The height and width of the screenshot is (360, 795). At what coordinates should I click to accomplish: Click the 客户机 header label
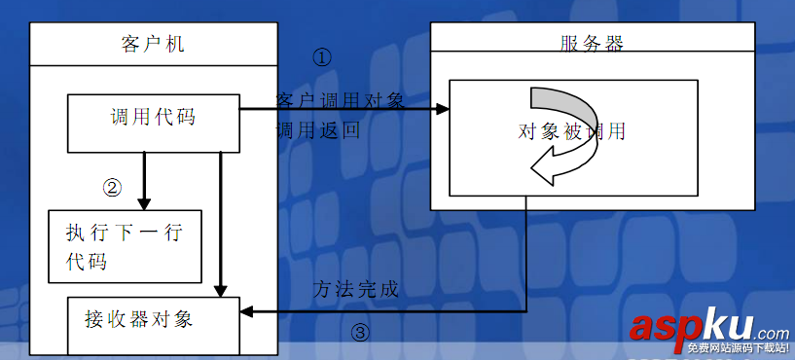(152, 44)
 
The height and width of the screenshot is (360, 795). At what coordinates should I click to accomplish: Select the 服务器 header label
(592, 43)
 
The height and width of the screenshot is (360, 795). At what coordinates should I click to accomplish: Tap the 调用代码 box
(153, 118)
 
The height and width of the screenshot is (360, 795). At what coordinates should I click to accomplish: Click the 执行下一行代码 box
(125, 246)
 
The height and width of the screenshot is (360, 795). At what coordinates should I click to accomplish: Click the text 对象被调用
(572, 131)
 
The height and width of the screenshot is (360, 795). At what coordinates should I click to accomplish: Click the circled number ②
(113, 186)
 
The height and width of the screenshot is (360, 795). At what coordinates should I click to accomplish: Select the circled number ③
(360, 333)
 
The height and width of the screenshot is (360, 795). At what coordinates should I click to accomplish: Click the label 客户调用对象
(339, 100)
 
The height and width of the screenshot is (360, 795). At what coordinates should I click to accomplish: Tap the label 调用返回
(317, 130)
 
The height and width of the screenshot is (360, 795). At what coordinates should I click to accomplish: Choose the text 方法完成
(356, 290)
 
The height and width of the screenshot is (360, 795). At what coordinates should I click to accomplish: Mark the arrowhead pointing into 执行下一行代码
(144, 202)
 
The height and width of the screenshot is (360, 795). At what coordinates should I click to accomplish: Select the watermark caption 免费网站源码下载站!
(737, 348)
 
